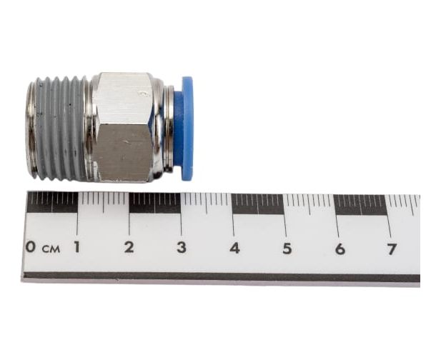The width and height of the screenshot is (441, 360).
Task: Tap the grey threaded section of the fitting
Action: tap(61, 128)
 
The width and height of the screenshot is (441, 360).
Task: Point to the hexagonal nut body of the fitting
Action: tap(123, 128)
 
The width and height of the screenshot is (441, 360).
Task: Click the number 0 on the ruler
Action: tap(31, 246)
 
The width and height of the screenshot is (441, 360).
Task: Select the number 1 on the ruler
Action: tap(76, 246)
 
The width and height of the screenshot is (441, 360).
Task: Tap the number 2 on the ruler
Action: tap(129, 247)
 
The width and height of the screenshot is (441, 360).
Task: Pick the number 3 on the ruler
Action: tap(182, 247)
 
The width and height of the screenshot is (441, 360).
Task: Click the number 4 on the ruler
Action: tap(234, 248)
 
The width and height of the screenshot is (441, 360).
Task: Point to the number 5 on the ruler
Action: tap(287, 249)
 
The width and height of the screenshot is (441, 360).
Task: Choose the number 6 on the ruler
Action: tap(340, 249)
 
